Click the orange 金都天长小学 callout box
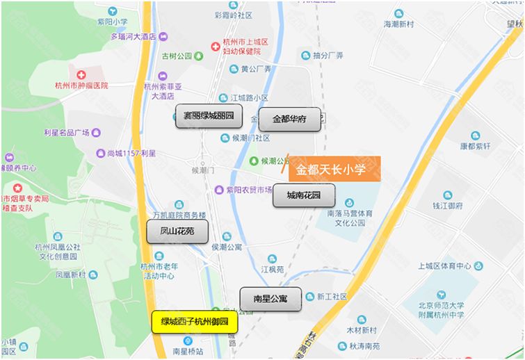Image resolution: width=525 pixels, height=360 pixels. (334, 169)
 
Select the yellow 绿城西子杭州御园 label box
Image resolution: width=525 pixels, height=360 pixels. (195, 322)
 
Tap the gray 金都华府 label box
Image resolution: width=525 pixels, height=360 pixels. (289, 119)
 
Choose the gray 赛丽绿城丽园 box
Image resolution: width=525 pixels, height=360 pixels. (208, 115)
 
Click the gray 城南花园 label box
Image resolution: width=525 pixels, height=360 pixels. (303, 195)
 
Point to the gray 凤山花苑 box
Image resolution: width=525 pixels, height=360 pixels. (177, 231)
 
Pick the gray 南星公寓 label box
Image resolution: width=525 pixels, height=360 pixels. (270, 299)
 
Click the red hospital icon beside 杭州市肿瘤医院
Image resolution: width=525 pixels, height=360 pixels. (81, 75)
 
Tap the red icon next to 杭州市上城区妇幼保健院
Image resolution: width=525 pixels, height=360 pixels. (216, 47)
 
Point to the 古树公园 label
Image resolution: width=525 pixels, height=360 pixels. (177, 56)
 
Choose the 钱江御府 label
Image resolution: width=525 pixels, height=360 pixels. (448, 206)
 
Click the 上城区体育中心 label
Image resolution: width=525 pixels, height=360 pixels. (445, 265)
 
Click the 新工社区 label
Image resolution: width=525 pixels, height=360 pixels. (332, 296)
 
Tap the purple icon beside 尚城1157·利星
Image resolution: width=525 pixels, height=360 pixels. (100, 153)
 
